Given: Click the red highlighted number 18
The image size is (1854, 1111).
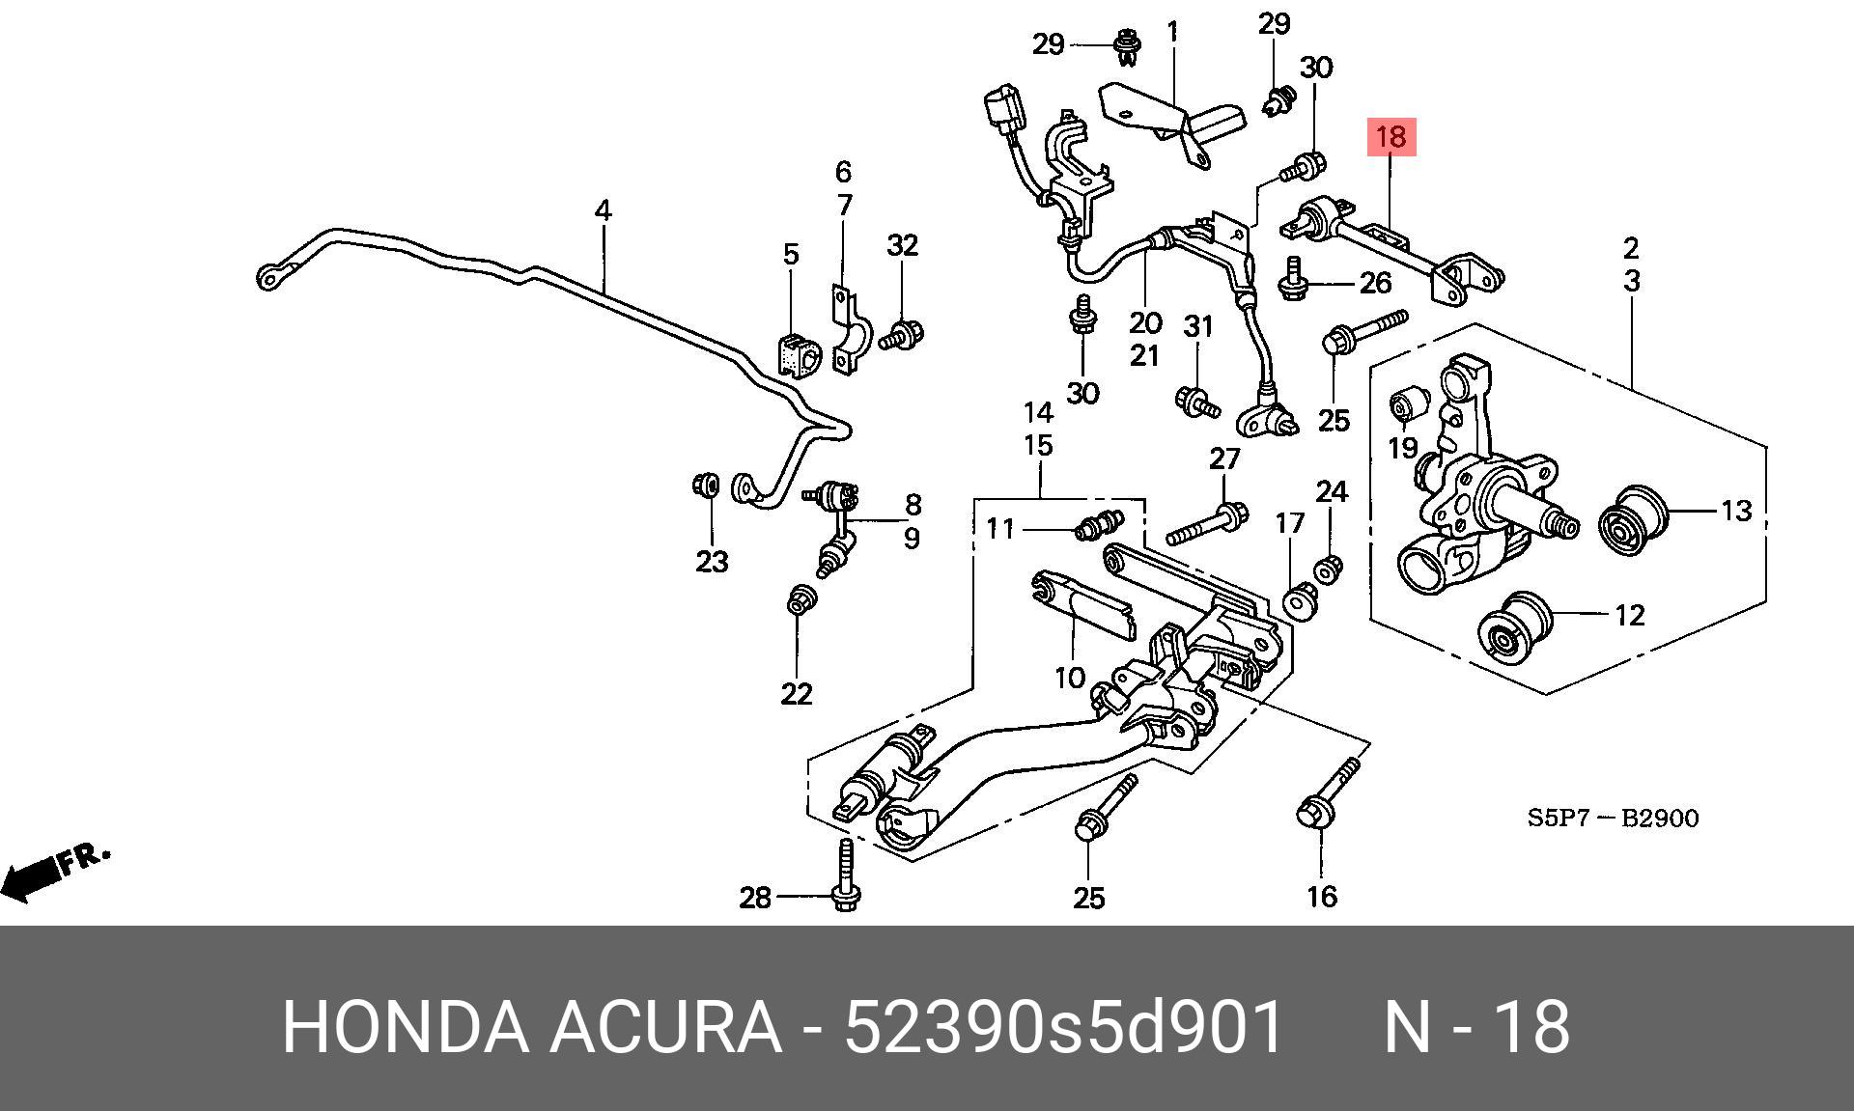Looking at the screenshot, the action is (1390, 137).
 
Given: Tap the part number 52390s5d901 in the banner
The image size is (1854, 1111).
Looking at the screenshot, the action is (1064, 1027).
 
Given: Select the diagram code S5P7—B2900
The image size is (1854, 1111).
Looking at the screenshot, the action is (1613, 819).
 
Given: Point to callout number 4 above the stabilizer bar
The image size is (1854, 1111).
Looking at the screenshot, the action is (603, 209).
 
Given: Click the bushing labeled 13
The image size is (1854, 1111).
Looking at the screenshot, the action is (1634, 520).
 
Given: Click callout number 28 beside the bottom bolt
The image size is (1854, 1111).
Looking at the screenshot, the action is (755, 899).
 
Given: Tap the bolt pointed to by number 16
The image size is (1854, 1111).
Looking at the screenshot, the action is (1327, 797).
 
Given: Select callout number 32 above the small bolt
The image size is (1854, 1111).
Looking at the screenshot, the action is (902, 245).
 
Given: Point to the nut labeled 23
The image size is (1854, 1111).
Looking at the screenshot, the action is (706, 484).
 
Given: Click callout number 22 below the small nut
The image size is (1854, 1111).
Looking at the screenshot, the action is (797, 693).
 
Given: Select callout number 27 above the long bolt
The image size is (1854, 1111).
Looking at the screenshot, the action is (1224, 458).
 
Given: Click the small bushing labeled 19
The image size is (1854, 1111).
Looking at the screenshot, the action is (1407, 404).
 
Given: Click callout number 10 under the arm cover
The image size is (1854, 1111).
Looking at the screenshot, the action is (1069, 678).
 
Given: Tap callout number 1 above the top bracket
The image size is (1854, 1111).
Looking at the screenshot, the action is (1172, 32).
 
